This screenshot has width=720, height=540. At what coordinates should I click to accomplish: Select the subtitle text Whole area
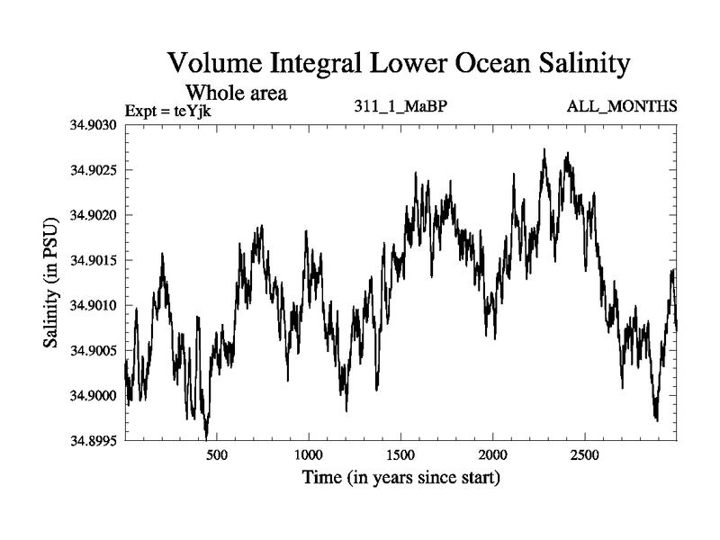[x=236, y=92]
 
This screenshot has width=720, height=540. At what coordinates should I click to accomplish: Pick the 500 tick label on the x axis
[x=217, y=455]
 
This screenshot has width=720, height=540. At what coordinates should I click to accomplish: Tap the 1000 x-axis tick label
[x=309, y=455]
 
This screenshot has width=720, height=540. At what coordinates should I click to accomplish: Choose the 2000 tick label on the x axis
[x=493, y=455]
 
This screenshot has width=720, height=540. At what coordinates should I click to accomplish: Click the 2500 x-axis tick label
[x=585, y=455]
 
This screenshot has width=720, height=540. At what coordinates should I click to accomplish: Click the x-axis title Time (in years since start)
[x=400, y=477]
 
